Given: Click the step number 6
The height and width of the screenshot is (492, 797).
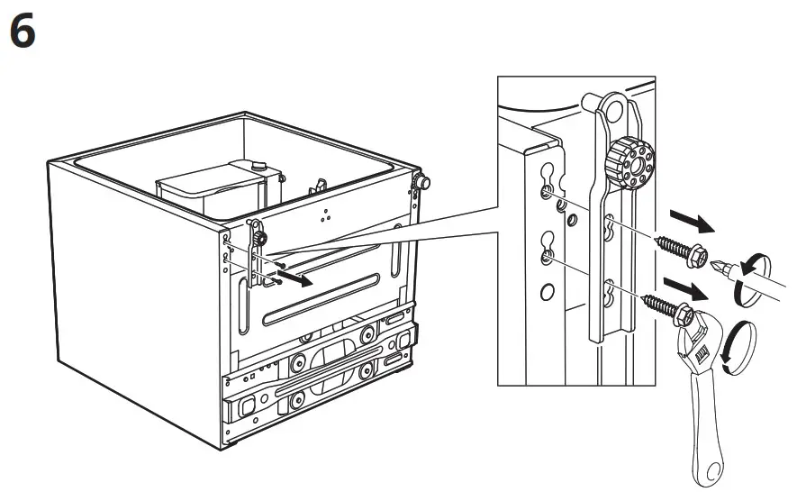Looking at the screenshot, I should point(23,33).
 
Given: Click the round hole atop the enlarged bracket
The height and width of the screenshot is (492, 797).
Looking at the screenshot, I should point(614,108).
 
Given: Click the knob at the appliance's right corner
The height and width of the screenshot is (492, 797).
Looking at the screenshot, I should point(418,183).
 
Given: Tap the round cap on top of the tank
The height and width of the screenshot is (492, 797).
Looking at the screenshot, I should point(259,165).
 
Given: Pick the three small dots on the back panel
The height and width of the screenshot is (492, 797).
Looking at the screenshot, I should point(324,216).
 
